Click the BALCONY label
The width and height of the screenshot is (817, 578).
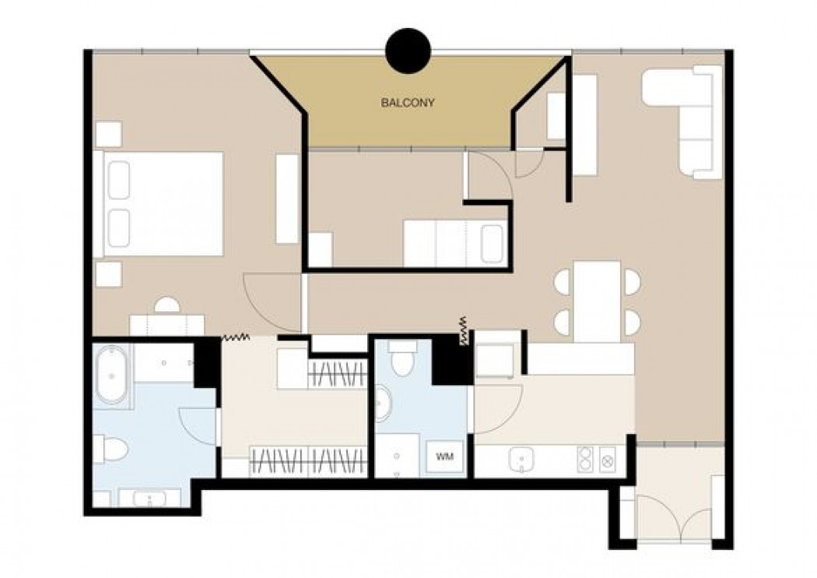tap(408, 103)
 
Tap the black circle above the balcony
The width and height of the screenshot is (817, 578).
tap(408, 51)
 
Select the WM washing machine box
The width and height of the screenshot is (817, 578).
tap(444, 457)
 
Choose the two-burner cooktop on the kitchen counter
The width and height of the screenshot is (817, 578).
tap(586, 459)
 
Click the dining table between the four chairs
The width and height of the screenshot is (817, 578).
tap(597, 301)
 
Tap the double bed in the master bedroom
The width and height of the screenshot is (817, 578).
tap(158, 204)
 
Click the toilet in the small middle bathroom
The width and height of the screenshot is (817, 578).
tap(401, 358)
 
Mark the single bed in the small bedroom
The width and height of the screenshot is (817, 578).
tap(455, 243)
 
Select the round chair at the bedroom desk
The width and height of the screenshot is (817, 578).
tap(167, 305)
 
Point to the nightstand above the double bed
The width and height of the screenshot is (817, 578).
tap(108, 135)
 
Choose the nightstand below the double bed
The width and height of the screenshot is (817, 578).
tap(108, 274)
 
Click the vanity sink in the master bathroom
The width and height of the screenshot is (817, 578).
tap(150, 499)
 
